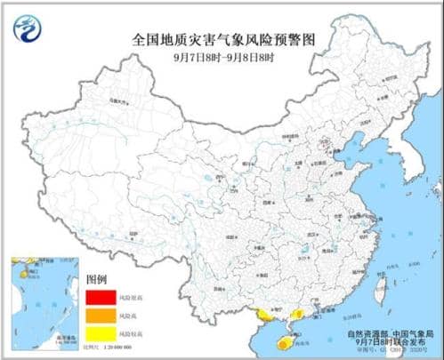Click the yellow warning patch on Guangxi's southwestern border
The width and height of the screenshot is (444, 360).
(263, 313)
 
